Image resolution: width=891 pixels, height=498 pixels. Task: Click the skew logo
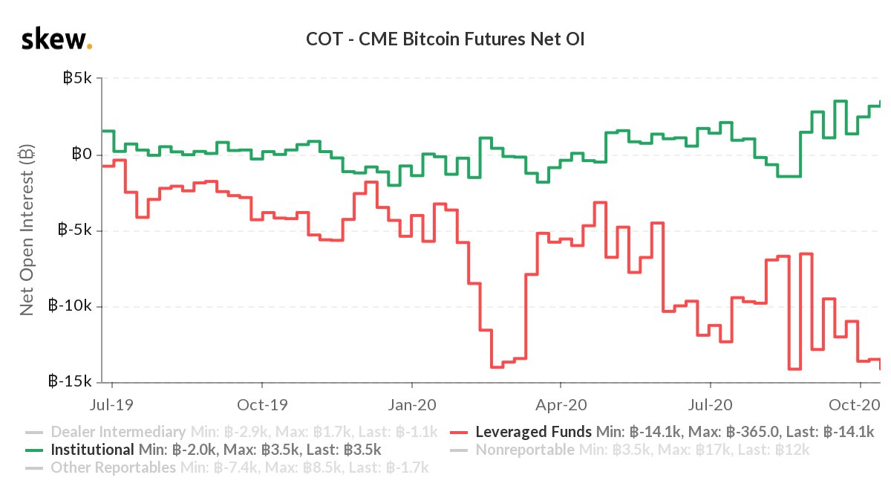tap(56, 39)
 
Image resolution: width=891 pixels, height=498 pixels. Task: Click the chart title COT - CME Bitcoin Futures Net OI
tap(446, 39)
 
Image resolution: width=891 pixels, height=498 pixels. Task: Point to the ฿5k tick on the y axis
tap(76, 78)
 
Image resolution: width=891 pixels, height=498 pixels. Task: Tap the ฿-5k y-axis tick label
tap(74, 230)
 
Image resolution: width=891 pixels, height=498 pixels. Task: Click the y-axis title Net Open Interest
tap(27, 230)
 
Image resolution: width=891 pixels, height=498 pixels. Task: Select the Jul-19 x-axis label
tap(112, 406)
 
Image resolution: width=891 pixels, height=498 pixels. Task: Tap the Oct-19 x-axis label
tap(261, 406)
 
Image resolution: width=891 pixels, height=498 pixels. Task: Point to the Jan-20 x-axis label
tap(411, 406)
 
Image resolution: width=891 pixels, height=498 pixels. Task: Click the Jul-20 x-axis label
tap(711, 406)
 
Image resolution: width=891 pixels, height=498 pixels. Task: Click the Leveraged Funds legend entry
tap(533, 432)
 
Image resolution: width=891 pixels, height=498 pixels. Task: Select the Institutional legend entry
tap(93, 450)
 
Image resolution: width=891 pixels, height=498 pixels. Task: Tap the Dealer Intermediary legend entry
tap(117, 432)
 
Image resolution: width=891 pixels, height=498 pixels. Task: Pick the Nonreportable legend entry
tap(524, 450)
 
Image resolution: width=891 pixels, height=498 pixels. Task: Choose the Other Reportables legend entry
tap(113, 468)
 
